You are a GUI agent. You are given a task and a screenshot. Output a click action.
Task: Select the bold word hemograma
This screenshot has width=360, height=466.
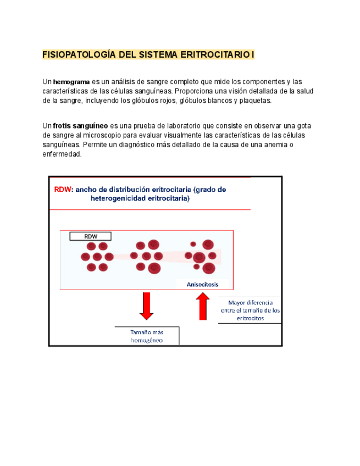[71, 82]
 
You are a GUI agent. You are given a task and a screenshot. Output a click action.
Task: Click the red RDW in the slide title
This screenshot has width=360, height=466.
[63, 189]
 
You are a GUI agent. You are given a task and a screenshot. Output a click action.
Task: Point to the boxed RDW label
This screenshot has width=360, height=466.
[91, 236]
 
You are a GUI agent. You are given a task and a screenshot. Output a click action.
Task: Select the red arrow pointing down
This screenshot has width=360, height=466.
[146, 306]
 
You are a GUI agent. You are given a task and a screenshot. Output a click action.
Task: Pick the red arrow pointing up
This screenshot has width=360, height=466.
[202, 307]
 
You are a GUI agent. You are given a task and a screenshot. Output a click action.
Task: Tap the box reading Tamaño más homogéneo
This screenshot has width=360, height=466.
[147, 336]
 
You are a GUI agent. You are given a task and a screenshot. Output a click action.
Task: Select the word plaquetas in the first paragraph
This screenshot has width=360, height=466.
[253, 101]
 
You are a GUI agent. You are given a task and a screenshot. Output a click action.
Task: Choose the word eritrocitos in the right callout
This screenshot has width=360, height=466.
[250, 318]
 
